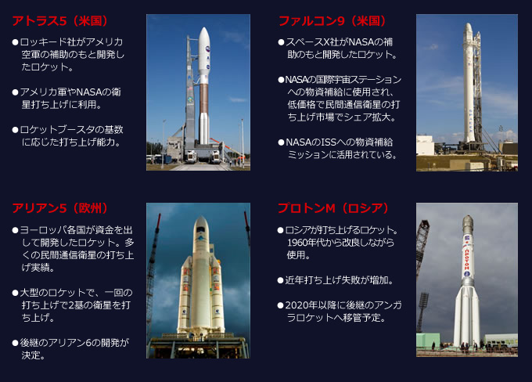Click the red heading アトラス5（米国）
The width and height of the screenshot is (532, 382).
coord(60,21)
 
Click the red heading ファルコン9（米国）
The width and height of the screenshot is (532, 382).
coord(332,21)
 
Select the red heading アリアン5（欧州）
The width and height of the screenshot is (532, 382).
coord(60,207)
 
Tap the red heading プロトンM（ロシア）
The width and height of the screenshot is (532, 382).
coord(333,207)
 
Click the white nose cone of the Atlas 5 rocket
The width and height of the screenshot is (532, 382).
coord(204,54)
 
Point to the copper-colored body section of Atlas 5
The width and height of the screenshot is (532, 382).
coord(203,99)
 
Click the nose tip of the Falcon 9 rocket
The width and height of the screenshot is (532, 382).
coord(469,24)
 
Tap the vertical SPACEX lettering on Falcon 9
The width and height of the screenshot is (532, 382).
coord(471,121)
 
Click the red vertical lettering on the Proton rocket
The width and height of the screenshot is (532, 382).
coord(467,259)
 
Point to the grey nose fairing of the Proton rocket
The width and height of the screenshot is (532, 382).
coord(468,225)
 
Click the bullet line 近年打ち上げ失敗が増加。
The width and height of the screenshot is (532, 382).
coord(336,280)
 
